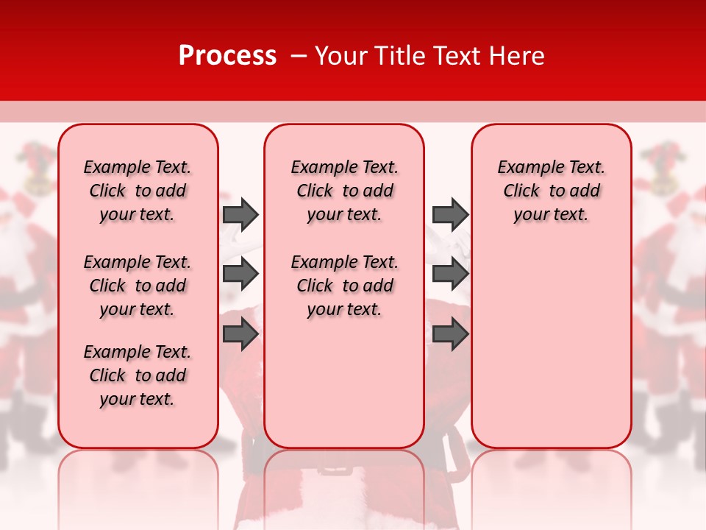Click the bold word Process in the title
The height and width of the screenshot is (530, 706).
227,56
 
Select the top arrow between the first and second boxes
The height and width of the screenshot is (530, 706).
240,215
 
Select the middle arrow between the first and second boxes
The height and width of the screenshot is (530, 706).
240,275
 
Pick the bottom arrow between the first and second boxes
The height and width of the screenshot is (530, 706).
240,334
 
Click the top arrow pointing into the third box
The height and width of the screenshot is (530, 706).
450,215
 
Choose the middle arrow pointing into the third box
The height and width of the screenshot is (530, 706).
450,275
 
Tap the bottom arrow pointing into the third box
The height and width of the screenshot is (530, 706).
450,334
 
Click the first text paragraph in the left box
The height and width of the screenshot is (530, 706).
138,191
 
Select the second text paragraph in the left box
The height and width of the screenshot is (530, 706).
138,286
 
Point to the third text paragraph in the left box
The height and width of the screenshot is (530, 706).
138,375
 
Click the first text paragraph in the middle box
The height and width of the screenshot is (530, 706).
344,191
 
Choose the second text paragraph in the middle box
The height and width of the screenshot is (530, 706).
344,286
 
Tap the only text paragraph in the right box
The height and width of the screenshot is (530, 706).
551,191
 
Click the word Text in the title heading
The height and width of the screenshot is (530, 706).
456,56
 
